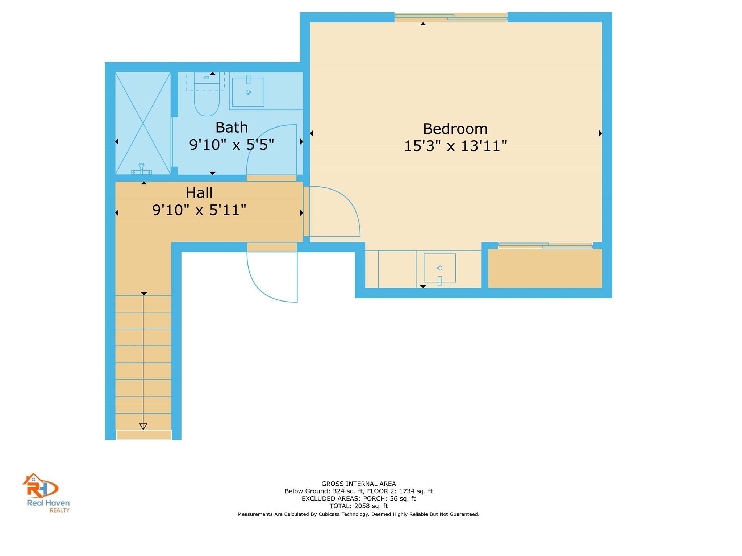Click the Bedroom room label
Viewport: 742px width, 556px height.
click(455, 129)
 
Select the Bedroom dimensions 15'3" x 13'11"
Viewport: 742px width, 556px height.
click(455, 146)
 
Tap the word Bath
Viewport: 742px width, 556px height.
click(232, 128)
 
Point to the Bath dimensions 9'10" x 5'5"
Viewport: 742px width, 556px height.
click(232, 145)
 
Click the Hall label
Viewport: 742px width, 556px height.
click(199, 193)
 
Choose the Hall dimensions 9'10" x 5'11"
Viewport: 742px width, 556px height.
click(199, 210)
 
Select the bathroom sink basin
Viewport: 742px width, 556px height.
click(248, 92)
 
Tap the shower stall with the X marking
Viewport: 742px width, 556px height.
click(143, 123)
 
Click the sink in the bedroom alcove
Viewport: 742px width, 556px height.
click(439, 268)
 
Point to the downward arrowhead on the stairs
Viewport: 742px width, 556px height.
click(143, 426)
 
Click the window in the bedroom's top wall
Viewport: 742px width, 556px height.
click(451, 17)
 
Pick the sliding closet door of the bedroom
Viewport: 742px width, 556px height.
click(545, 245)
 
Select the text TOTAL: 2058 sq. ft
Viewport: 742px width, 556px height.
click(358, 506)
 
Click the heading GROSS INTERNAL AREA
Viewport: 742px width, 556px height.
click(358, 484)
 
